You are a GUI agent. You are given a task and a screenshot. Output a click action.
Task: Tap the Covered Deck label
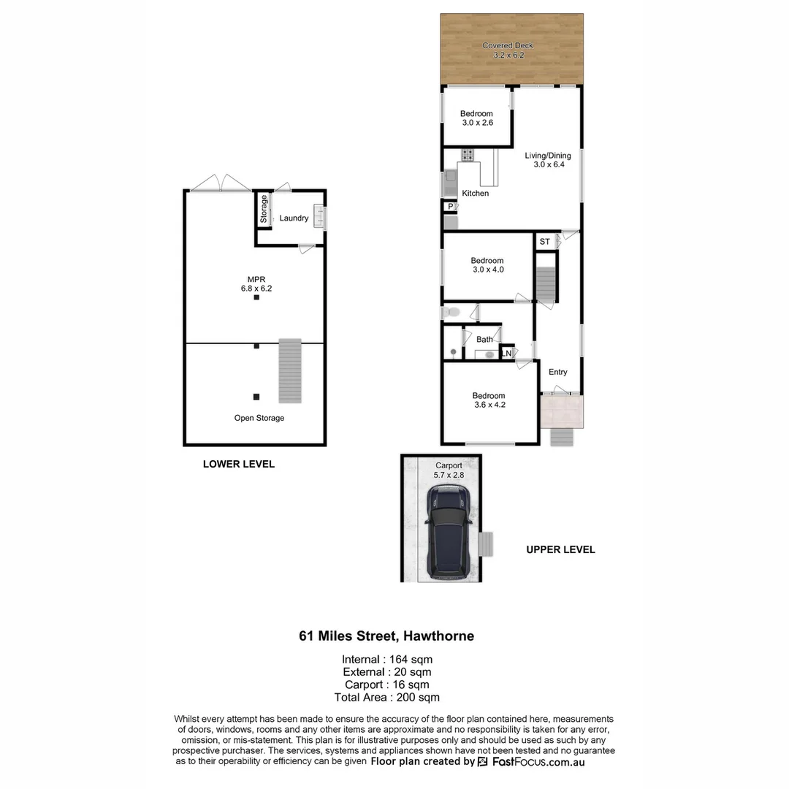click(x=508, y=46)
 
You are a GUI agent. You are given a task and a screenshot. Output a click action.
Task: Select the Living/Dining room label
click(x=548, y=156)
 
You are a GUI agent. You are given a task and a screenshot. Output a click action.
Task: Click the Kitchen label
click(x=475, y=194)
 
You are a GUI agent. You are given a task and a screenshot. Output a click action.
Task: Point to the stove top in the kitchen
click(x=467, y=155)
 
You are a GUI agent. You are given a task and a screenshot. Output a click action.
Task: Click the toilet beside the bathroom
click(x=451, y=313)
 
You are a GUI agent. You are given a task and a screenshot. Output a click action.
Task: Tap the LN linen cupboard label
click(x=506, y=354)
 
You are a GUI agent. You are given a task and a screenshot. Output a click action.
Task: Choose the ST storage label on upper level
click(x=544, y=242)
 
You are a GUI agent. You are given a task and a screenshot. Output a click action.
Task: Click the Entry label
click(x=557, y=372)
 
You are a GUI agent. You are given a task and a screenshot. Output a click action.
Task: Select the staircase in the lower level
click(x=290, y=370)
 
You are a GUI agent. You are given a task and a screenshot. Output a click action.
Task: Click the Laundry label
click(x=294, y=218)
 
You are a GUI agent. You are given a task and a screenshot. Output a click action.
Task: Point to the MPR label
click(x=256, y=278)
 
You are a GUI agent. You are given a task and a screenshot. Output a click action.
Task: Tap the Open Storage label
click(x=259, y=418)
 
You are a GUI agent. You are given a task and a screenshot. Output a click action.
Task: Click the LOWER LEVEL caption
click(x=238, y=464)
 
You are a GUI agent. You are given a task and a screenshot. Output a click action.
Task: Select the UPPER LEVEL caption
click(x=560, y=549)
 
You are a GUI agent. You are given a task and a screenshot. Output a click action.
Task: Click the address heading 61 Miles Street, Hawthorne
click(x=386, y=636)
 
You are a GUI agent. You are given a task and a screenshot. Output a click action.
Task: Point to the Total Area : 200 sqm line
click(x=386, y=697)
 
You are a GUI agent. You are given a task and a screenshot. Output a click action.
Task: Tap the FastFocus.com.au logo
click(x=530, y=762)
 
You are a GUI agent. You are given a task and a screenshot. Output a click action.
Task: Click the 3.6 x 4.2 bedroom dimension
click(x=488, y=405)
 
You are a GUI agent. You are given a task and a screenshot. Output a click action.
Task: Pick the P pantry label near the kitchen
click(x=451, y=207)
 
